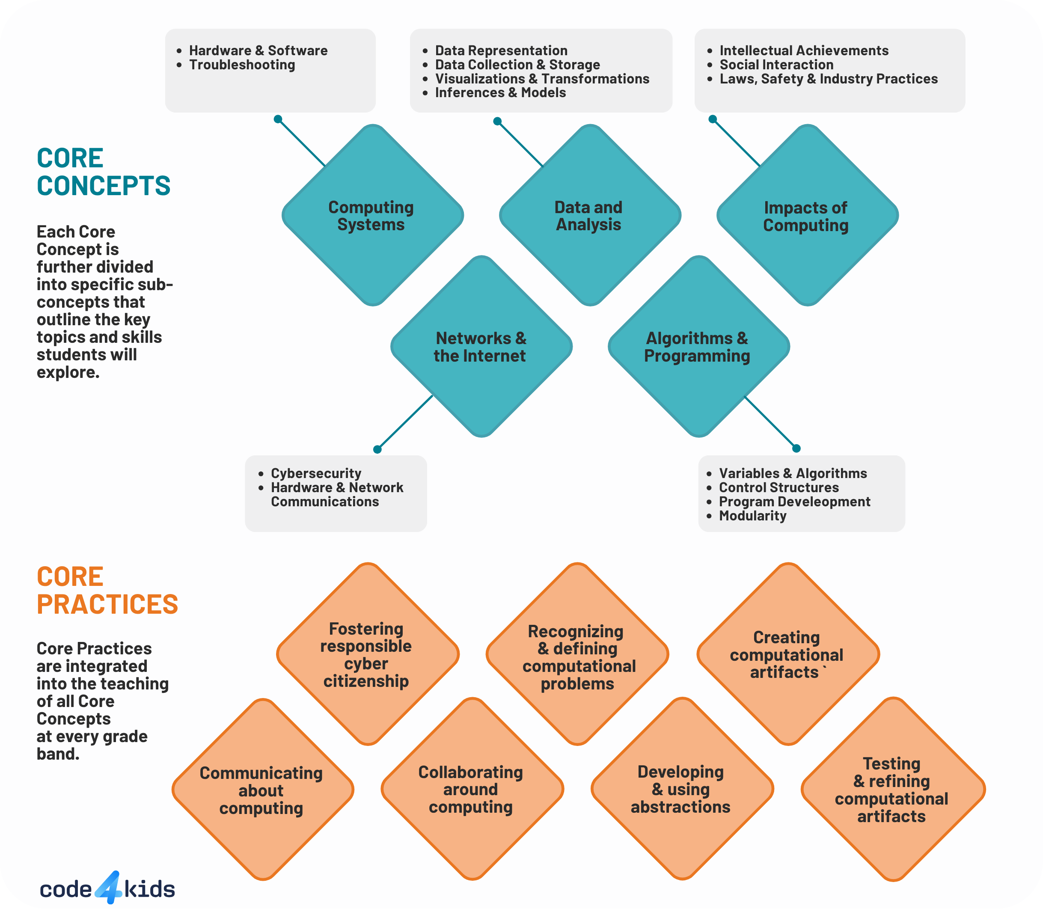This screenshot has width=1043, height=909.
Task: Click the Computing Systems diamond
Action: (372, 215)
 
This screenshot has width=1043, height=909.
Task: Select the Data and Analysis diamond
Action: (589, 215)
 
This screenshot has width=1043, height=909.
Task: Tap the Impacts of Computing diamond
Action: (807, 215)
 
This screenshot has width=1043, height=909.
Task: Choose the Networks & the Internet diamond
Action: (481, 347)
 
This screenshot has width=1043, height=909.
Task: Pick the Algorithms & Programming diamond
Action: (698, 347)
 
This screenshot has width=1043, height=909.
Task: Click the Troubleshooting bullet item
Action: (242, 65)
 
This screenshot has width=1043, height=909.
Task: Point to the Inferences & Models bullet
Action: (500, 93)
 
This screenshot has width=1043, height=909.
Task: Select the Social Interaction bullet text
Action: (776, 65)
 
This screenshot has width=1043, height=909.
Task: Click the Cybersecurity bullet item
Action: (315, 473)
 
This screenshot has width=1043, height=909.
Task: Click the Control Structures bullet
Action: (779, 487)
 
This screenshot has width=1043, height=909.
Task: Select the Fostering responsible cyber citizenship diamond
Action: (367, 654)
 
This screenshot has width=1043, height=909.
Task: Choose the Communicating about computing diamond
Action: (262, 790)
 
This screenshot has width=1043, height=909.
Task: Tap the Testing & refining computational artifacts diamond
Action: (892, 789)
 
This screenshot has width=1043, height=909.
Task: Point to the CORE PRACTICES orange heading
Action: (107, 591)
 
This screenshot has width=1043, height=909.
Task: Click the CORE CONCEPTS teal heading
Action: (104, 172)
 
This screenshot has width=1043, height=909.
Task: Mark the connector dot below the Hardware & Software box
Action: (278, 119)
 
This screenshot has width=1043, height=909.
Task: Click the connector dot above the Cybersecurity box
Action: (377, 449)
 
